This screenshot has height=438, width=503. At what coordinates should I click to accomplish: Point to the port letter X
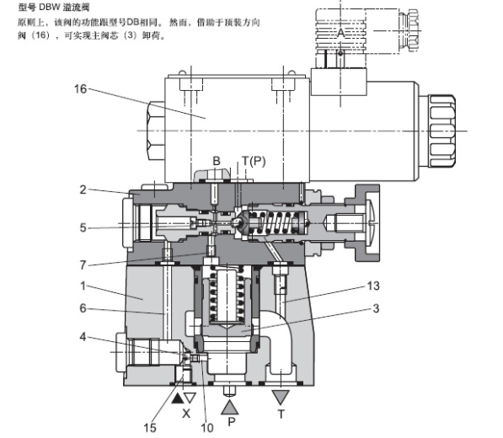click(187, 414)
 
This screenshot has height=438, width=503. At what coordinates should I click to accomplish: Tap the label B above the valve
click(216, 162)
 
